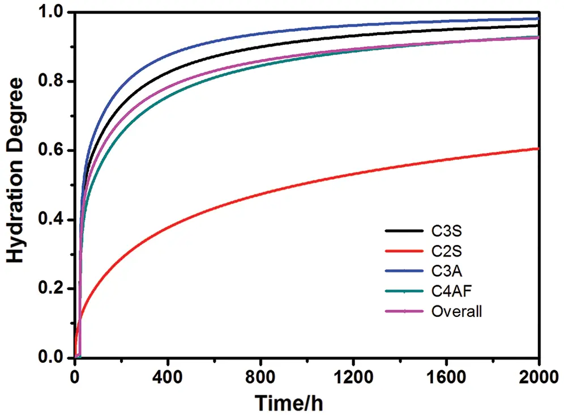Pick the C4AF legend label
pos(450,291)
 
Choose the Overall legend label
pos(456,311)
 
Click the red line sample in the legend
pos(403,251)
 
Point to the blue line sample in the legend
pos(403,272)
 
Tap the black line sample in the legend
pos(403,231)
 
